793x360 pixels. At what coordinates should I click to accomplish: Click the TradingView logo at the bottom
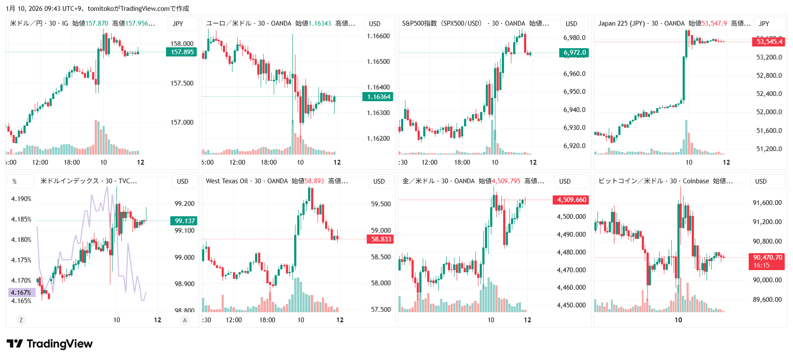(x=50, y=344)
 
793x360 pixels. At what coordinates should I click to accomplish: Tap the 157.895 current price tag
(x=182, y=52)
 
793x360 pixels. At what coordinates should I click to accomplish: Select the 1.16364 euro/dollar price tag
(x=378, y=97)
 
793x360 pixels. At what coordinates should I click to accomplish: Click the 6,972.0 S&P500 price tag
(x=574, y=53)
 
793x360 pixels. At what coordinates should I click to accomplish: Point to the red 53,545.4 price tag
(x=769, y=42)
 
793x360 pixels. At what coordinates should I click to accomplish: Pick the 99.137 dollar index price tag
(x=185, y=221)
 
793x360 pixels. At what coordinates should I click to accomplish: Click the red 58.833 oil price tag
(x=381, y=239)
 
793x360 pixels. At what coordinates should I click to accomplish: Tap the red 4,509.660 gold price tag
(x=571, y=200)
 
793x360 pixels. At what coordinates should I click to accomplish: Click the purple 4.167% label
(x=21, y=292)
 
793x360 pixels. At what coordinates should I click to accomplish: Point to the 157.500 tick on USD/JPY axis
(x=182, y=83)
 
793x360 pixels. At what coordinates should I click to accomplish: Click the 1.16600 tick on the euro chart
(x=378, y=36)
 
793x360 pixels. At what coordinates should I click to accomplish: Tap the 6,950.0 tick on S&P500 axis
(x=574, y=92)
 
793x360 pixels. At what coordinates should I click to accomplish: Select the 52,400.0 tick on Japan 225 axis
(x=769, y=94)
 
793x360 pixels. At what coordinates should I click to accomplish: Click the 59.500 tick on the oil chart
(x=381, y=204)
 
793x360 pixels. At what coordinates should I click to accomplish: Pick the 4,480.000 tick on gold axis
(x=571, y=252)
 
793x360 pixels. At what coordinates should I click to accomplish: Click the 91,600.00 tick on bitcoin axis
(x=767, y=203)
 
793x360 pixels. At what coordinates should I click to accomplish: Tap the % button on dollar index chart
(x=15, y=182)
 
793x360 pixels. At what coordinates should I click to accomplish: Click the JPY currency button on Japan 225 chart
(x=764, y=24)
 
